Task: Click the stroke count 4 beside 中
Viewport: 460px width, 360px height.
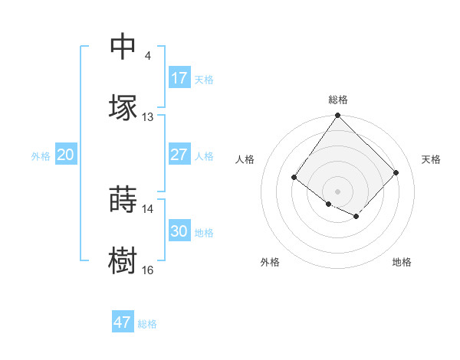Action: point(147,56)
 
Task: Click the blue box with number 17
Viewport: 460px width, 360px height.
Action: point(179,78)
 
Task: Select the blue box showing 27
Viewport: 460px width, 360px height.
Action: point(179,155)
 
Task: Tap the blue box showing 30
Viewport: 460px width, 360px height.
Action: point(179,231)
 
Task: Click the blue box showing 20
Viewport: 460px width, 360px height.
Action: point(66,155)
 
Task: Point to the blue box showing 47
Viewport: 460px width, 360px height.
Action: point(123,322)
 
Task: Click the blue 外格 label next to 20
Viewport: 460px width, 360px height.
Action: point(41,155)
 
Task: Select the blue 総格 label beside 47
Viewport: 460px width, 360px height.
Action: point(147,323)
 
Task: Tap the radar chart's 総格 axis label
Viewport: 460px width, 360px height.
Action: point(337,100)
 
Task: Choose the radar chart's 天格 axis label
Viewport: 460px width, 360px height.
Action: point(431,159)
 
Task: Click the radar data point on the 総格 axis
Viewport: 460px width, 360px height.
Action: point(337,116)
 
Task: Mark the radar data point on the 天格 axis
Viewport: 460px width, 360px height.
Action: point(396,172)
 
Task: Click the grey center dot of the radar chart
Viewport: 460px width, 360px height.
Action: point(337,191)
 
